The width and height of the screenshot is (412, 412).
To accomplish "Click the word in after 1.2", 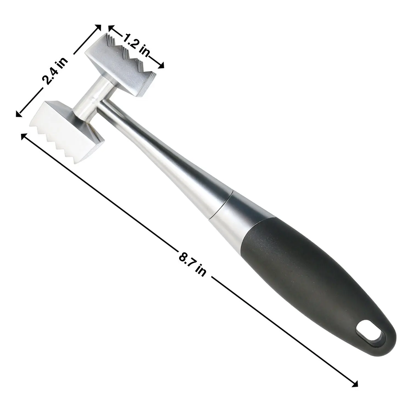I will click(x=143, y=51).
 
